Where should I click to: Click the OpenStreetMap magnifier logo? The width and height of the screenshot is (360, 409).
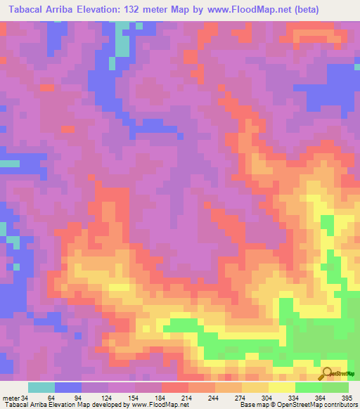tap(326, 372)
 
